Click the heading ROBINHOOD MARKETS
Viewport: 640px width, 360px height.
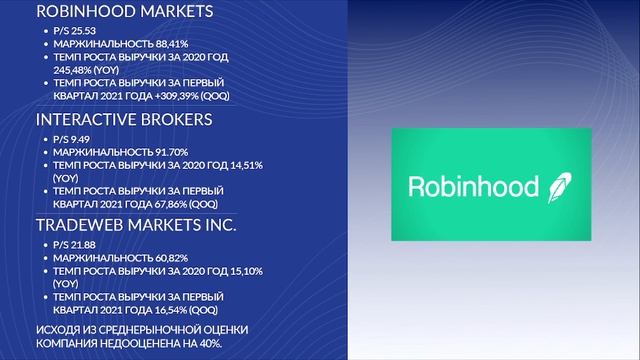point(124,13)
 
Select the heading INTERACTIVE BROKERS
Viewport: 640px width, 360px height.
point(124,119)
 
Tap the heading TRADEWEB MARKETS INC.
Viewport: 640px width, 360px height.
point(136,225)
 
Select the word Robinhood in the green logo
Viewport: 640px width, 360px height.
point(472,185)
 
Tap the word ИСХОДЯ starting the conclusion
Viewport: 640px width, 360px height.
point(56,330)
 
